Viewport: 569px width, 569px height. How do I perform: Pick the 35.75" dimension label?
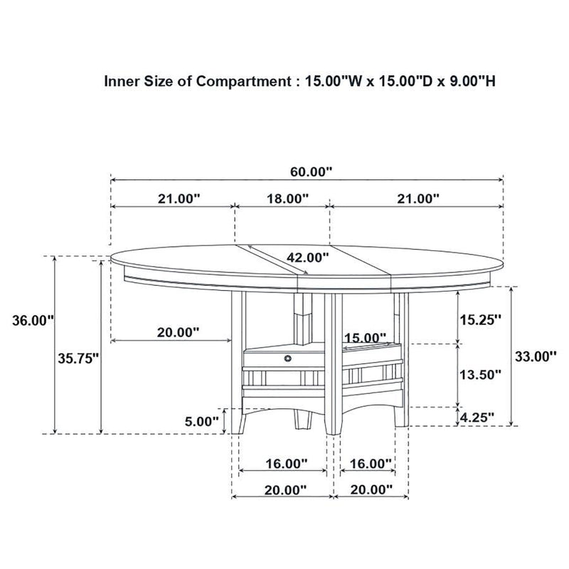pos(78,359)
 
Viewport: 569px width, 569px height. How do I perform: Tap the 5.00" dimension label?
pos(202,420)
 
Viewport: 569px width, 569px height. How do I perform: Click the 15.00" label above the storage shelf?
pos(364,337)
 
